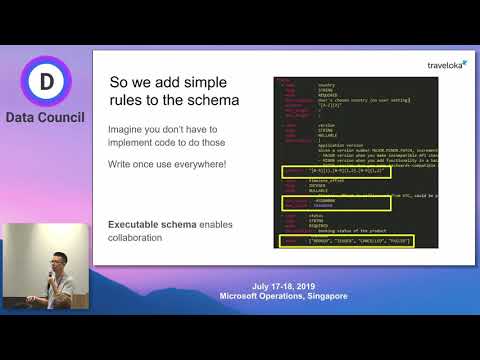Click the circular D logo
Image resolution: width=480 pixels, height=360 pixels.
(x=43, y=82)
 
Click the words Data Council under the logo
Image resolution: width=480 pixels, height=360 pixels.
(x=43, y=118)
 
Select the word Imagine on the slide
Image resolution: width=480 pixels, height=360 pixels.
(x=131, y=131)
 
